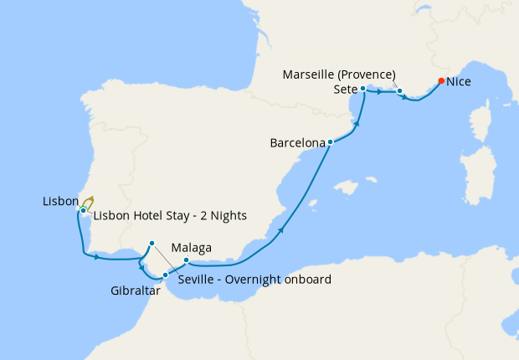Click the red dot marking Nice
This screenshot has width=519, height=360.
[x=441, y=81]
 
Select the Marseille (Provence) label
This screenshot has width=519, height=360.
[x=352, y=74]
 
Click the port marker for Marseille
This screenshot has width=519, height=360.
[x=400, y=91]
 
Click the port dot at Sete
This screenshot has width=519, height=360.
[x=363, y=88]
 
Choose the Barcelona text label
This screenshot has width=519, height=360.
[x=297, y=143]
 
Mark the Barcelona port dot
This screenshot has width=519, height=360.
[x=331, y=142]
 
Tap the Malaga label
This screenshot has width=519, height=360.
[x=191, y=248]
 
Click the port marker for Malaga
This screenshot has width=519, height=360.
[x=186, y=260]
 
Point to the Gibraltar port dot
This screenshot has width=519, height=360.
[x=165, y=275]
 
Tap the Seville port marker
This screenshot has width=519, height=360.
[x=152, y=244]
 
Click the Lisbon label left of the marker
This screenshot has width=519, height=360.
[x=59, y=202]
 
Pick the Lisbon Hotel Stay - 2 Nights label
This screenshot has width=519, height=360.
[x=170, y=215]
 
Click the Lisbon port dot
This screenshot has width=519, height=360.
[x=84, y=209]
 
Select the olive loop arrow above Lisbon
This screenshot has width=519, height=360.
[x=88, y=201]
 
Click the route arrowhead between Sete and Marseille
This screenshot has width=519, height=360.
[x=380, y=91]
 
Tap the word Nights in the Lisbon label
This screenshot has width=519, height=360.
[x=228, y=215]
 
